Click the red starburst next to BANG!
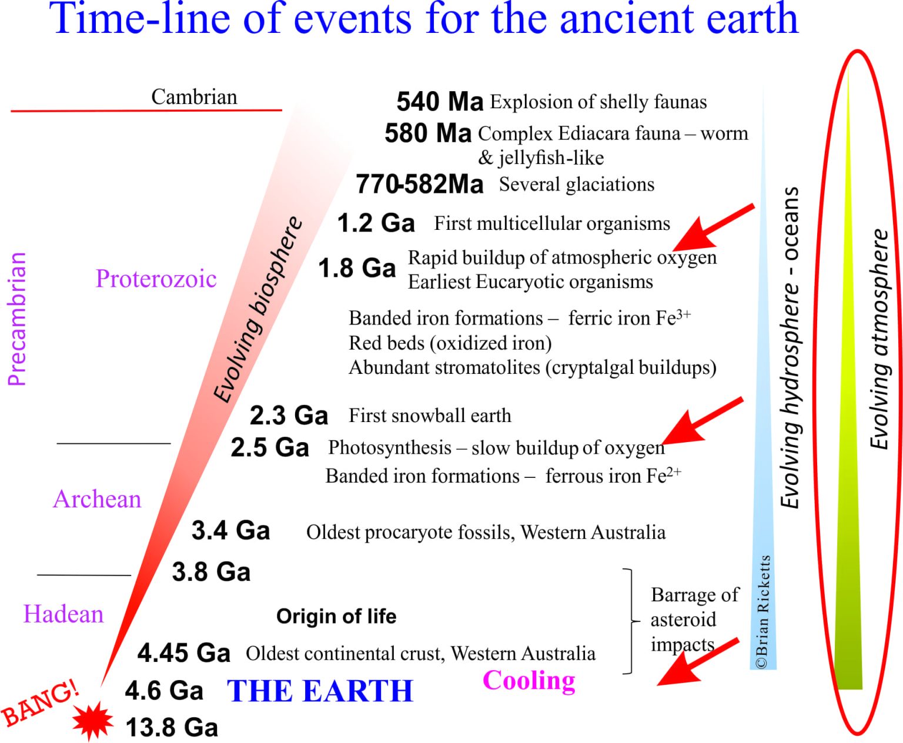click(x=92, y=721)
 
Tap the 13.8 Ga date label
click(x=172, y=727)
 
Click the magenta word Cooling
click(x=529, y=681)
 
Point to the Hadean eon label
click(x=63, y=613)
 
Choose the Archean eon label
click(x=97, y=498)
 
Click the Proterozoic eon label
click(x=156, y=279)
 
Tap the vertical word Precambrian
click(x=17, y=319)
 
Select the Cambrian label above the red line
click(x=194, y=97)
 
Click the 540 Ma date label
click(x=440, y=102)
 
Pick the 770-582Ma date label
click(x=420, y=185)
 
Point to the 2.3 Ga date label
click(x=289, y=416)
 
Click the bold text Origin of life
click(x=336, y=616)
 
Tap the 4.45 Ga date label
click(x=183, y=653)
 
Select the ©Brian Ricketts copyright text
click(x=763, y=612)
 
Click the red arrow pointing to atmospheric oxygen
click(x=713, y=228)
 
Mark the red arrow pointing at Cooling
click(x=698, y=662)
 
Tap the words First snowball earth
click(x=430, y=416)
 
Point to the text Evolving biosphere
click(x=257, y=310)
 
